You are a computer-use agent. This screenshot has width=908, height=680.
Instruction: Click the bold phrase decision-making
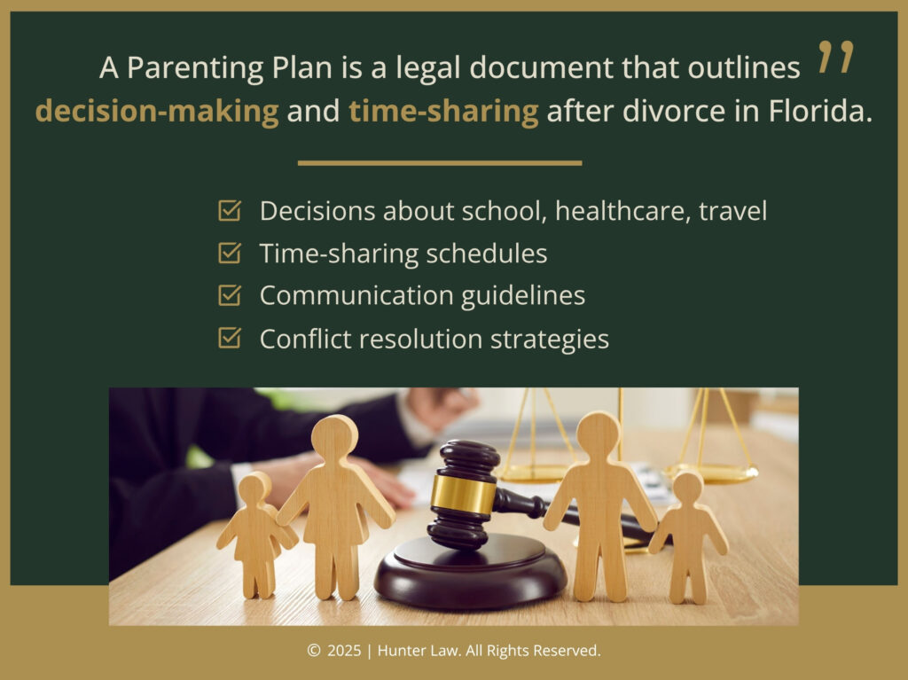pyautogui.click(x=157, y=113)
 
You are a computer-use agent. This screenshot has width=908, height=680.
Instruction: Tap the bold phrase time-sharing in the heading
pyautogui.click(x=443, y=113)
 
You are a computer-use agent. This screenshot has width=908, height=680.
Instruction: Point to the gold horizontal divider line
pyautogui.click(x=440, y=163)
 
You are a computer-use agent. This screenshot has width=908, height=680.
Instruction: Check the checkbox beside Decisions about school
pyautogui.click(x=230, y=211)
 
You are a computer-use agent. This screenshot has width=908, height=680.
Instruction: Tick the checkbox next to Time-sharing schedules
pyautogui.click(x=230, y=254)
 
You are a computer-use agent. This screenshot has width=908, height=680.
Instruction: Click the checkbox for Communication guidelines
pyautogui.click(x=230, y=295)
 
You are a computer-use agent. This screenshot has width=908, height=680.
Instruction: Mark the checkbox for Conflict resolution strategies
pyautogui.click(x=230, y=338)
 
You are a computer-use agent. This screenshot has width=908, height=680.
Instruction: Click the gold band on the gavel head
pyautogui.click(x=463, y=494)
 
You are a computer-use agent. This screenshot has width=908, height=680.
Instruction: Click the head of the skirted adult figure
pyautogui.click(x=334, y=435)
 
